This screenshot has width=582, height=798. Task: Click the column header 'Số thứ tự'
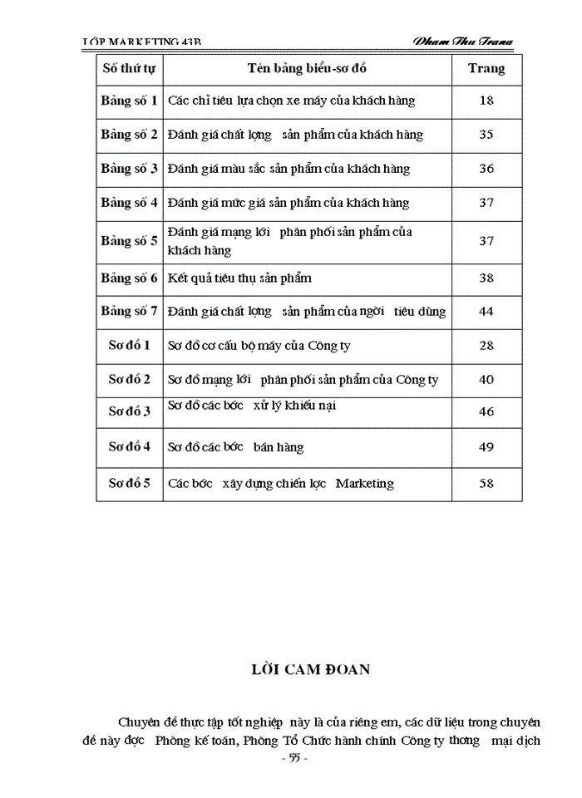[x=129, y=68]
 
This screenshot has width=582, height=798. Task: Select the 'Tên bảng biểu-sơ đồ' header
[x=307, y=68]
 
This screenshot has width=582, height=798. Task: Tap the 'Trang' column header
[x=486, y=68]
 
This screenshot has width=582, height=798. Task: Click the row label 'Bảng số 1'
[x=129, y=101]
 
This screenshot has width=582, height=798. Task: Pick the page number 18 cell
[x=486, y=101]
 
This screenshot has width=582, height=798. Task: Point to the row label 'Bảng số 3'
[x=129, y=169]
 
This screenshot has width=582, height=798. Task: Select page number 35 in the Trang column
[x=486, y=135]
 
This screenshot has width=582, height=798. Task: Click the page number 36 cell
[x=486, y=169]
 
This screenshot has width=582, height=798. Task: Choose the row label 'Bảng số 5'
[x=129, y=241]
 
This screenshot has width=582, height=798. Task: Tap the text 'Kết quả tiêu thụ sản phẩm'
[x=239, y=278]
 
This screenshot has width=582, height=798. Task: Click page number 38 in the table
[x=486, y=278]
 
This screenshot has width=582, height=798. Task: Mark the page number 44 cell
[x=486, y=312]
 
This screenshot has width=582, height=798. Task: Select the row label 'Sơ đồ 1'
[x=129, y=344]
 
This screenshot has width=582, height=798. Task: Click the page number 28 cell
[x=486, y=344]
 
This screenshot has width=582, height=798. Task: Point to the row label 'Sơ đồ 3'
[x=129, y=411]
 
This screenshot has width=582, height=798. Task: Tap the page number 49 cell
[x=486, y=446]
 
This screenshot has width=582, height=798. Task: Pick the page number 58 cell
[x=486, y=483]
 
